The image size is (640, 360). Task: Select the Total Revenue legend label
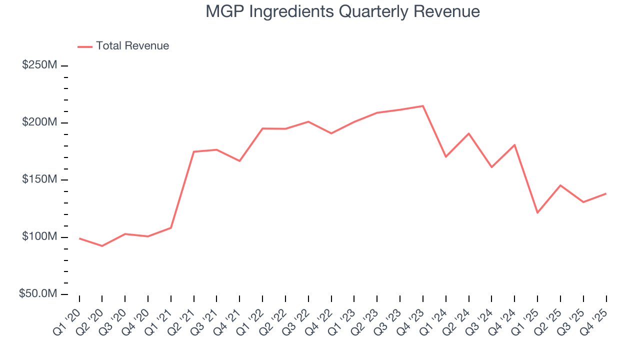point(132,46)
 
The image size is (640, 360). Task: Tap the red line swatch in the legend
point(85,46)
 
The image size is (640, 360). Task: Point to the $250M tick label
point(39,65)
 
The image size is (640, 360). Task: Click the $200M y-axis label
point(39,122)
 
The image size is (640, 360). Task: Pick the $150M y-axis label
point(39,179)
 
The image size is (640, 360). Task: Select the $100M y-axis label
point(39,236)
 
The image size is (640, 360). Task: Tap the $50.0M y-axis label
point(37,294)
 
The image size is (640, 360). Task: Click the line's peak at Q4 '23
point(423,106)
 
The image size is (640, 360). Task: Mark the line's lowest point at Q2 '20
point(102,246)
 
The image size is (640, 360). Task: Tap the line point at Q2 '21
point(193,151)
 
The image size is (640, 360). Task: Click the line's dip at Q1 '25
point(537,213)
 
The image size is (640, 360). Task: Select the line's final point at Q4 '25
point(606,193)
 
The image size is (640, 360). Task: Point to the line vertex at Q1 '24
point(445,157)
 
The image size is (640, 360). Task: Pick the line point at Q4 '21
point(239,161)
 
